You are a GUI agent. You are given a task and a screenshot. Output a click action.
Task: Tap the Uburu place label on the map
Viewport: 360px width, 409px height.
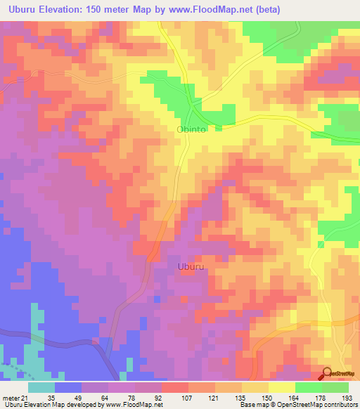191,267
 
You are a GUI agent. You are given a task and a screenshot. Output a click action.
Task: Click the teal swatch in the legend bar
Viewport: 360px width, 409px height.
41,387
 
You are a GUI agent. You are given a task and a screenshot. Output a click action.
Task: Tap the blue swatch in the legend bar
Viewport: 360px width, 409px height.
68,387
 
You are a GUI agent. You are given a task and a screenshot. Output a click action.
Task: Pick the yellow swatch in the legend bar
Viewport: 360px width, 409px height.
282,387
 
